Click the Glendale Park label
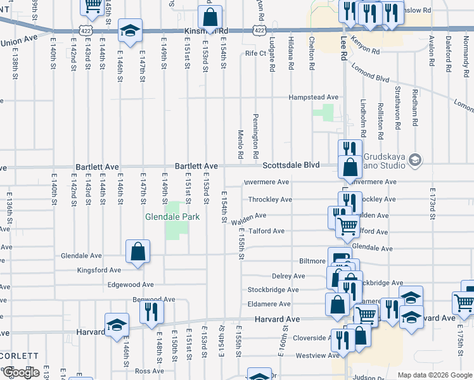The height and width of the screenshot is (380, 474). pos(172,217)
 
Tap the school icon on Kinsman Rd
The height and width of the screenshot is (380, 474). pos(130,30)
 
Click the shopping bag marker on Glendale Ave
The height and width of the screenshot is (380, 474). pos(138,251)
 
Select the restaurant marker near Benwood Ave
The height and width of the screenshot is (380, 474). pos(151,312)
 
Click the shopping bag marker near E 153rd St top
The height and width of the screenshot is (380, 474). pos(210,17)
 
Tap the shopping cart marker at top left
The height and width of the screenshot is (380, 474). pos(93,6)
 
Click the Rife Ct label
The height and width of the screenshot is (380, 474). pos(255,54)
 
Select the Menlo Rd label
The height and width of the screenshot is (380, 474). pos(241,145)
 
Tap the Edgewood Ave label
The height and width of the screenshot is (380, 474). pos(131,285)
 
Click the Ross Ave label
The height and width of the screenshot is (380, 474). pos(150,371)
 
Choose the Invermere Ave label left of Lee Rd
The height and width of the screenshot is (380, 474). pos(267,182)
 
